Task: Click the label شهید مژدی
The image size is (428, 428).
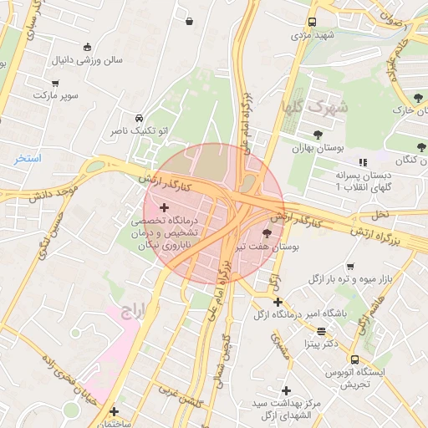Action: pos(312,36)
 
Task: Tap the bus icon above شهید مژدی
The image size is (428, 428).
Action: pos(312,23)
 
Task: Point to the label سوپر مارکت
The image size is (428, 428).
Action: pos(56,95)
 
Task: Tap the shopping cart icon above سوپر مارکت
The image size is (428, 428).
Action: pos(56,83)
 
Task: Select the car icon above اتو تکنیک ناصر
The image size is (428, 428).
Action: pos(139,118)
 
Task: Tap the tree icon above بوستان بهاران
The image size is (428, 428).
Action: pos(318,134)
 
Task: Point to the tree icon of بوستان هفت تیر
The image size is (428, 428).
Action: pos(267,233)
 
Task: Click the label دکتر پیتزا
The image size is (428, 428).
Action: pos(321,343)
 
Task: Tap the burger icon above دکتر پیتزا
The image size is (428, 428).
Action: pos(321,330)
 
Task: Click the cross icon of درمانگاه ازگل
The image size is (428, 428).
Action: pos(278,302)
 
